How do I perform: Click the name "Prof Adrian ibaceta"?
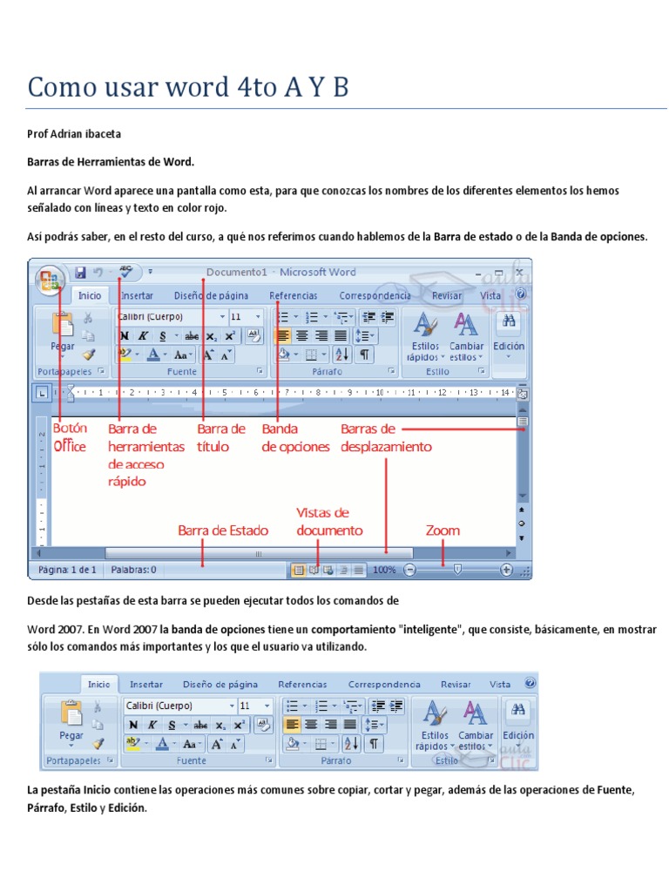tap(74, 134)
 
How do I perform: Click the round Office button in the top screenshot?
tap(48, 280)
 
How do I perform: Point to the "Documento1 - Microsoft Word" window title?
tap(280, 272)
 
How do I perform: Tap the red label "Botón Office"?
tap(70, 437)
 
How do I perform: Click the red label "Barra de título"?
tap(221, 437)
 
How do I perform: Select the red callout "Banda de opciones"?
tap(295, 437)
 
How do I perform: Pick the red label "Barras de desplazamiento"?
tap(385, 437)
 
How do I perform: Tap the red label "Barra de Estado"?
tap(223, 530)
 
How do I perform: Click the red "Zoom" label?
tap(443, 530)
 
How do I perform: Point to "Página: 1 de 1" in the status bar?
tap(67, 570)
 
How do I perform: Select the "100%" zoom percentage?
tap(384, 570)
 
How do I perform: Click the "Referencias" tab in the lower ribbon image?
tap(302, 685)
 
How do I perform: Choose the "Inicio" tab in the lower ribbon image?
tap(98, 685)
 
